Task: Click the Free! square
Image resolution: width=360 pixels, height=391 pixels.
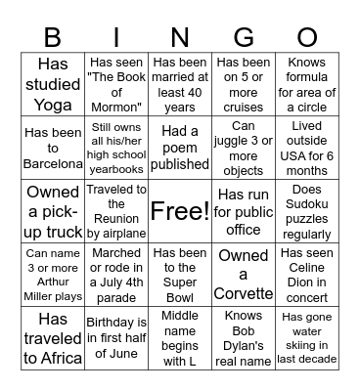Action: click(179, 210)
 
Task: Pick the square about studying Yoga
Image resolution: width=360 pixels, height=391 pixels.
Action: click(53, 83)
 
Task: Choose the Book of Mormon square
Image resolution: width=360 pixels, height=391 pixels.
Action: click(116, 83)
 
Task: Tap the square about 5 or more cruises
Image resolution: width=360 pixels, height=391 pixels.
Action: click(244, 83)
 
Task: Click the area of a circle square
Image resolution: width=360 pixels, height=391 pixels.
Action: click(307, 83)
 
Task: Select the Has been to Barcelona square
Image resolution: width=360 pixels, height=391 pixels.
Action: click(53, 148)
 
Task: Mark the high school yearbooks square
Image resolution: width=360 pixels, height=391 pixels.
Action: click(116, 148)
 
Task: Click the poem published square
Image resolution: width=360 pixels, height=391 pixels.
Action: click(179, 148)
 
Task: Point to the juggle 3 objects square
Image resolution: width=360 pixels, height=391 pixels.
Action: click(244, 148)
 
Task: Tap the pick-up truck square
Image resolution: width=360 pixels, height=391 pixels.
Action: click(53, 210)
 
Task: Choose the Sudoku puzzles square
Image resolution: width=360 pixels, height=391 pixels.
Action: click(307, 210)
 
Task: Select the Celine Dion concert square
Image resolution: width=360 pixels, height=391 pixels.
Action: click(307, 274)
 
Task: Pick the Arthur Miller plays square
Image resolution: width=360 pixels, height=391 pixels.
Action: click(53, 274)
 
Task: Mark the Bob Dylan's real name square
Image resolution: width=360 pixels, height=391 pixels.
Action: click(244, 337)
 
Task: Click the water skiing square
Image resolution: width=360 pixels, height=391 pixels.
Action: click(307, 337)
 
